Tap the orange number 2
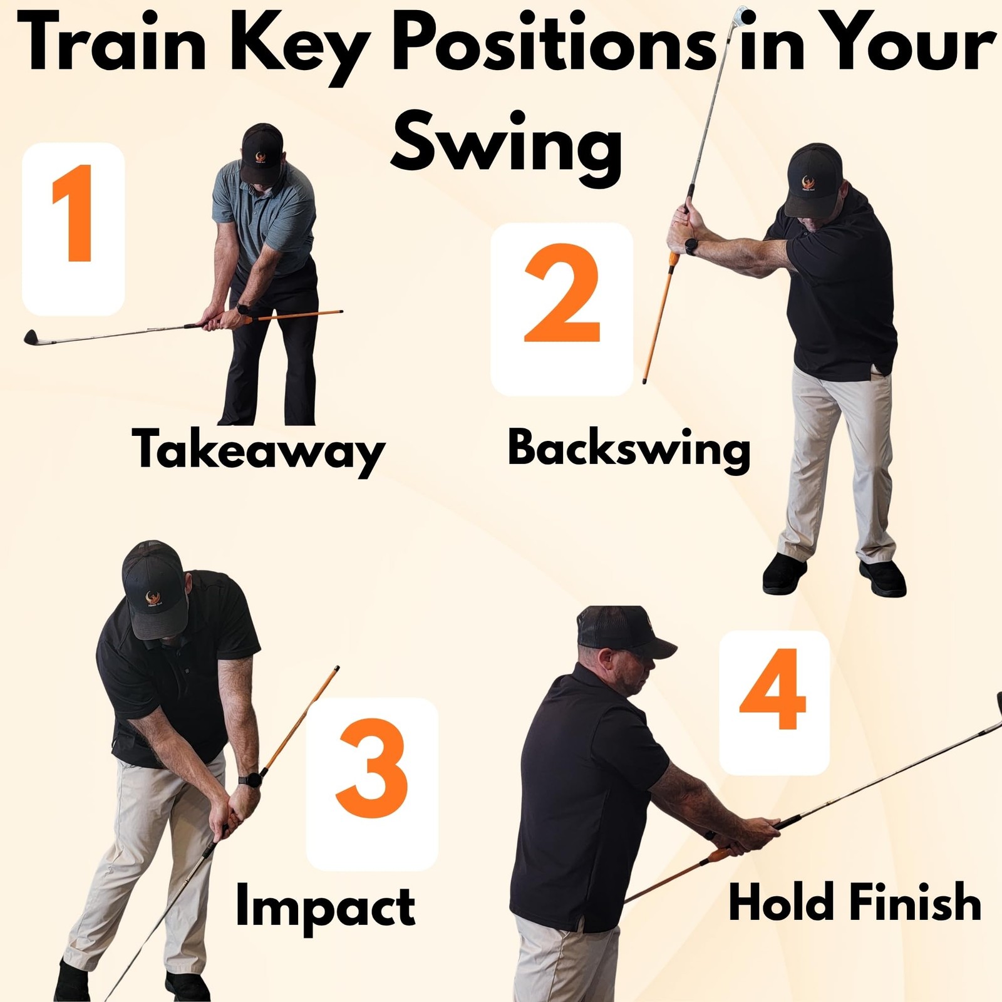click(x=562, y=293)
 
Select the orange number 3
click(x=371, y=768)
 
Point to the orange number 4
click(x=772, y=689)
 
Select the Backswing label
click(x=629, y=450)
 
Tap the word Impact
click(x=325, y=906)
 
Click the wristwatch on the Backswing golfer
click(x=691, y=245)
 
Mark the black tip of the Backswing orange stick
click(x=645, y=380)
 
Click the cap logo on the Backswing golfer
click(x=807, y=183)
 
